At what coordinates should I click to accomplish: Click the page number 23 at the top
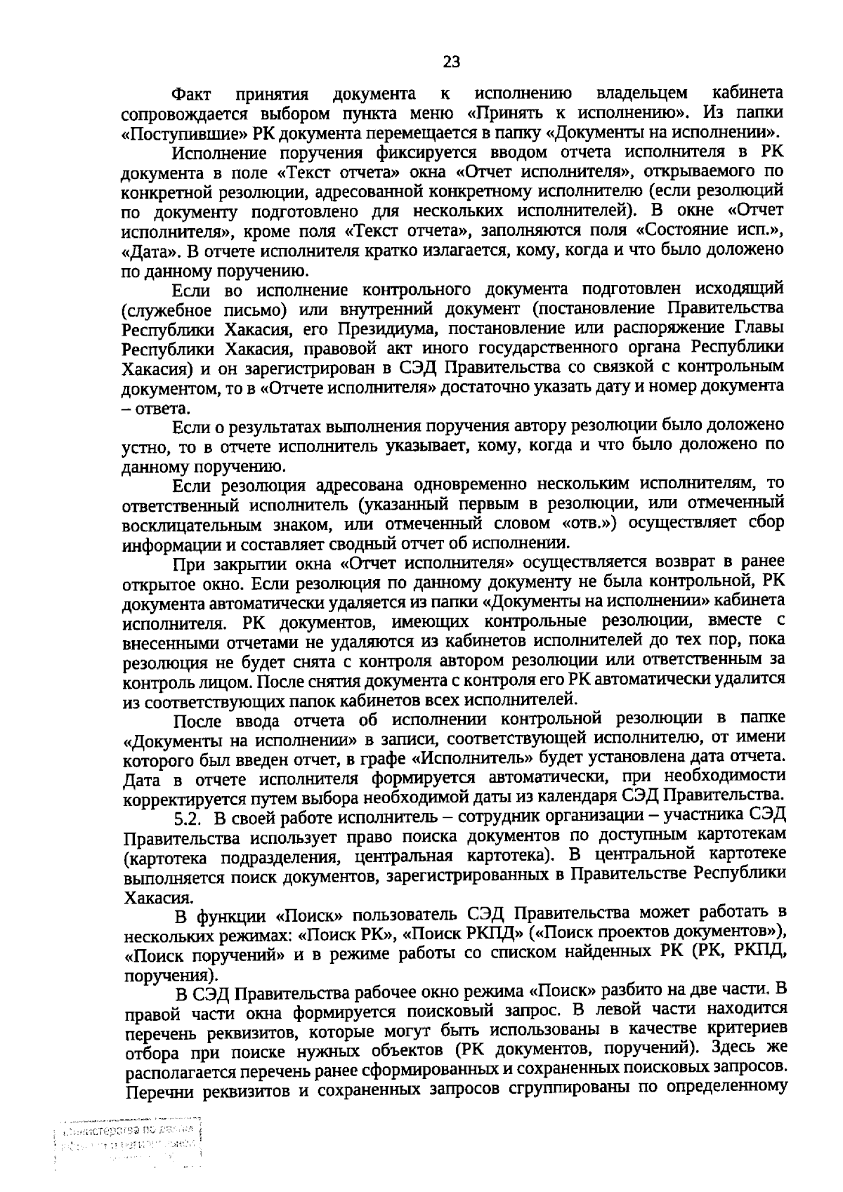click(451, 62)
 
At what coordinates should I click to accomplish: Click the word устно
click(142, 446)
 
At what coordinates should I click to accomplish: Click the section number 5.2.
click(189, 818)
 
